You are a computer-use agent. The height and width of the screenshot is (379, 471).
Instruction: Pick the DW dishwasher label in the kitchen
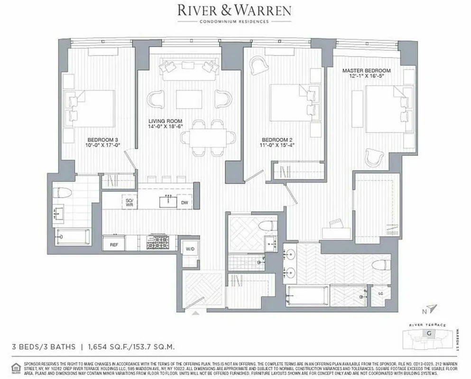pyautogui.click(x=185, y=203)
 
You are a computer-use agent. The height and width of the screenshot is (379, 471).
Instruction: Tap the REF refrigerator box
pyautogui.click(x=114, y=245)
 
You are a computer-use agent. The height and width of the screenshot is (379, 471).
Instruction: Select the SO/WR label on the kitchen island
pyautogui.click(x=129, y=203)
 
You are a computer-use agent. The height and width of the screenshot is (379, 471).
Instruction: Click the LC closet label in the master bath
pyautogui.click(x=380, y=294)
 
